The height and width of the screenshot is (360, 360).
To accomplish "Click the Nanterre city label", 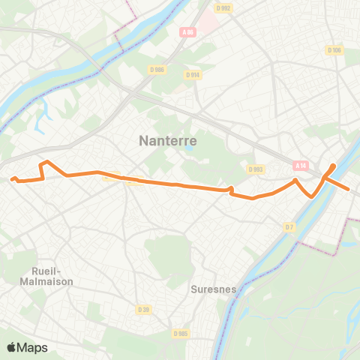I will click(x=169, y=140).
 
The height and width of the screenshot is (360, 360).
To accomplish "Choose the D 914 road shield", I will click(x=193, y=74).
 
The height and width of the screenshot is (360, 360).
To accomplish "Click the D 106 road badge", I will click(x=334, y=50).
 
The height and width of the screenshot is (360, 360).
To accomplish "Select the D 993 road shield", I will click(x=256, y=169).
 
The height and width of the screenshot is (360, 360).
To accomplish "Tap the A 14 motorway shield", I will click(x=301, y=165).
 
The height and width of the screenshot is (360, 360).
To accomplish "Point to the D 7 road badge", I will click(x=289, y=226).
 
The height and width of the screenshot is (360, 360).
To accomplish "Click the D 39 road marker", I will click(x=144, y=308).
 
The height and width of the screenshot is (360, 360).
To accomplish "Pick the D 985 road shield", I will click(x=180, y=333).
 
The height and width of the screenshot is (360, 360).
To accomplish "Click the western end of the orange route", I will click(x=12, y=178).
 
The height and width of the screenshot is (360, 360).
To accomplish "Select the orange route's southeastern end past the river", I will click(x=349, y=188).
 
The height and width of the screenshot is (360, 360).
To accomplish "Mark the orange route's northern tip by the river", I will click(x=333, y=165).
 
